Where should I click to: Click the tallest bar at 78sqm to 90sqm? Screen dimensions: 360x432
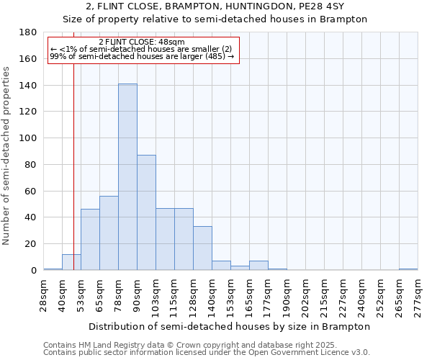[x=127, y=177]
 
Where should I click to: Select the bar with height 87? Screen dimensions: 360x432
[x=146, y=212]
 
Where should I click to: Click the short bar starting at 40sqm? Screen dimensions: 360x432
[x=71, y=262]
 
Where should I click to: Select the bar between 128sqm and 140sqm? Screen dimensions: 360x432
[x=202, y=248]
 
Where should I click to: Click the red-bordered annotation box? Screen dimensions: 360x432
[x=143, y=49]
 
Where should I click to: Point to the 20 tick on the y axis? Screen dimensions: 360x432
[x=32, y=244]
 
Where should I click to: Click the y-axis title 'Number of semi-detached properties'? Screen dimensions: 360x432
[x=7, y=156]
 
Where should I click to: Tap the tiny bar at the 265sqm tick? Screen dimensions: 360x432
[x=408, y=269]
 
